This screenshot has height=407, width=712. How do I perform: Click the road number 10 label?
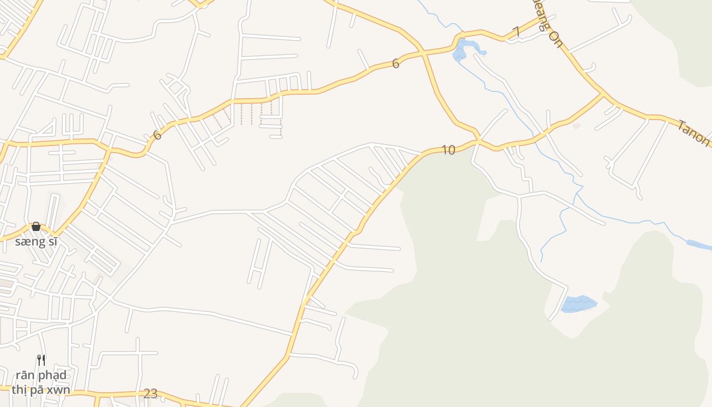coord(448,150)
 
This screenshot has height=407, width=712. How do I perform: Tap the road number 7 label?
coord(516,32)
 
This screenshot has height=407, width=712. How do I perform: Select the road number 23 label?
coord(151,393)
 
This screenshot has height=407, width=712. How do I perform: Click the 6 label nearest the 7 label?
coord(396,64)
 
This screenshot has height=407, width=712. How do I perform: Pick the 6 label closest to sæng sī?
coord(157,135)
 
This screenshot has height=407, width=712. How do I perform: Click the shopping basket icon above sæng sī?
coord(36,226)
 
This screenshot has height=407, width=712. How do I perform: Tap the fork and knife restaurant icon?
coord(41,360)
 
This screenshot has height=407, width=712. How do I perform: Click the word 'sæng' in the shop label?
coord(30,242)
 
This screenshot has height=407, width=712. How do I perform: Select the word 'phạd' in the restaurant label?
coord(51,375)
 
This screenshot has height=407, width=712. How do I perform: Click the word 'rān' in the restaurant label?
coord(24,375)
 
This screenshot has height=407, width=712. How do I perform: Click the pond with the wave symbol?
coord(578,304)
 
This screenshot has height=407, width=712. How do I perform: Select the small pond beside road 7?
coord(461,50)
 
